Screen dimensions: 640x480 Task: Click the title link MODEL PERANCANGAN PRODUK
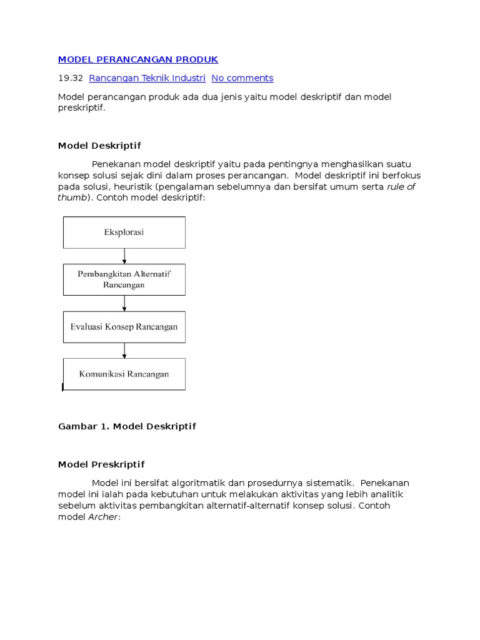138,59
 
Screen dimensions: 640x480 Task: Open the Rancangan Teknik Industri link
147,78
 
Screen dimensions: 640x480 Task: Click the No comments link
242,78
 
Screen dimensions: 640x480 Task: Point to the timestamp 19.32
70,78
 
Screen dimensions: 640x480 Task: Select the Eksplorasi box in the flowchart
124,232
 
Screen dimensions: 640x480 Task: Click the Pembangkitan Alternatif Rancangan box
124,279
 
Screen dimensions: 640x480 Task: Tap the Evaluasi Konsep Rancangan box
124,327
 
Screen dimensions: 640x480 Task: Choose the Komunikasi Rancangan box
124,374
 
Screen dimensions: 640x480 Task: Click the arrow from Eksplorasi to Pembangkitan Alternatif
124,256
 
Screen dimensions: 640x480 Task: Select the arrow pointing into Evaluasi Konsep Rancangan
124,303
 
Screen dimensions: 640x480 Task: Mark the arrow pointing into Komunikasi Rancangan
124,351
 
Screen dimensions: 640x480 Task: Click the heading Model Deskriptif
99,146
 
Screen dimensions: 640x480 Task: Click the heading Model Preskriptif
101,464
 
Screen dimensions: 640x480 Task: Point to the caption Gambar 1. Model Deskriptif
127,426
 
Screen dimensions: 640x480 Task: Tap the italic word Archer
103,517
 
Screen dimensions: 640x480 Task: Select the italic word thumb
72,197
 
